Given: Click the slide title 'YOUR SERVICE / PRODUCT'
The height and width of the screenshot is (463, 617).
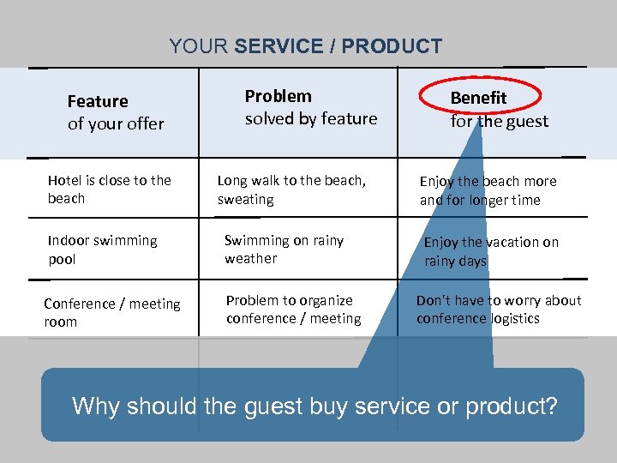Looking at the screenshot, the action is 305,46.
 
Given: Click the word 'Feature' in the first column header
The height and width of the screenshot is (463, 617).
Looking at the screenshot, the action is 98,101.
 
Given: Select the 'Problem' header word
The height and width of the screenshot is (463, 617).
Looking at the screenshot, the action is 279,96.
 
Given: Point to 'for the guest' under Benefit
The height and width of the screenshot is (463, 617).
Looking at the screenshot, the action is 500,121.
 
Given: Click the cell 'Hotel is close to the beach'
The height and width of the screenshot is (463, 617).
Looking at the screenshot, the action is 109,189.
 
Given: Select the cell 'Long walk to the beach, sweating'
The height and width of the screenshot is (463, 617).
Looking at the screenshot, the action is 291,189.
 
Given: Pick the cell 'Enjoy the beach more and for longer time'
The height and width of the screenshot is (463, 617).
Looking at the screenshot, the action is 488,190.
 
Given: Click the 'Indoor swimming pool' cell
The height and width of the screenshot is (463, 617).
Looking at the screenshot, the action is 102,250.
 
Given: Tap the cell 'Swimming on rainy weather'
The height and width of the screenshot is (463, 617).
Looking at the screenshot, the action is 284,249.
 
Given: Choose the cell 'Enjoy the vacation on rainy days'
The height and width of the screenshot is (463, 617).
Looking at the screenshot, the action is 491,251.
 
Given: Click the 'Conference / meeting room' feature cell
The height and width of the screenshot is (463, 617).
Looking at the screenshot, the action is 111,312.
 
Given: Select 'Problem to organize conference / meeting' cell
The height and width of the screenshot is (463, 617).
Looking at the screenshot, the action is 293,310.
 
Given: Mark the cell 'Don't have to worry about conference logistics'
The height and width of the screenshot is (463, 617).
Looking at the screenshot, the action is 498,310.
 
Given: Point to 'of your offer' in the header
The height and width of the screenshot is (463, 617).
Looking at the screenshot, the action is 116,123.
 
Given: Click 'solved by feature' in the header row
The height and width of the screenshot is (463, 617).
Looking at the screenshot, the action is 311,118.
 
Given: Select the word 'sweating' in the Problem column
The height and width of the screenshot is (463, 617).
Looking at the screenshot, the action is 246,199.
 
